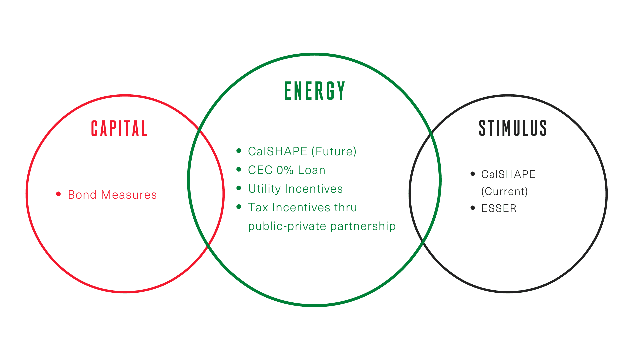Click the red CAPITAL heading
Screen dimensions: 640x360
[x=119, y=129]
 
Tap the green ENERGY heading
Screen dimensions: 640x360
[x=315, y=91]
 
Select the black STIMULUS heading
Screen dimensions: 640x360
[x=513, y=128]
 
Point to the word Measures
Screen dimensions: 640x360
[x=129, y=195]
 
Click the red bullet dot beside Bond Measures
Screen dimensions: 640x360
[x=58, y=194]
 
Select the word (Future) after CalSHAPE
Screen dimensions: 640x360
[x=334, y=152]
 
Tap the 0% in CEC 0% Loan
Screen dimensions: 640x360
[x=285, y=170]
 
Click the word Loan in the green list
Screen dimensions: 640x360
[x=311, y=170]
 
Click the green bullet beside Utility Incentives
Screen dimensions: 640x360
[x=239, y=188]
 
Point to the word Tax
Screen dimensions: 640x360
[x=258, y=207]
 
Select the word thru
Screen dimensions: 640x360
[x=346, y=207]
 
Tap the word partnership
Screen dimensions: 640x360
[x=363, y=227]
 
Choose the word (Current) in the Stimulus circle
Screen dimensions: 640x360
[x=504, y=191]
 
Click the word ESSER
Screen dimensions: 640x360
[x=499, y=208]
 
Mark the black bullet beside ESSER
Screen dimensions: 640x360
[x=473, y=208]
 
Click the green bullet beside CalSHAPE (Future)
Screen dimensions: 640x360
[x=239, y=151]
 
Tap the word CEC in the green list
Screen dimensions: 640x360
[x=260, y=170]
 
